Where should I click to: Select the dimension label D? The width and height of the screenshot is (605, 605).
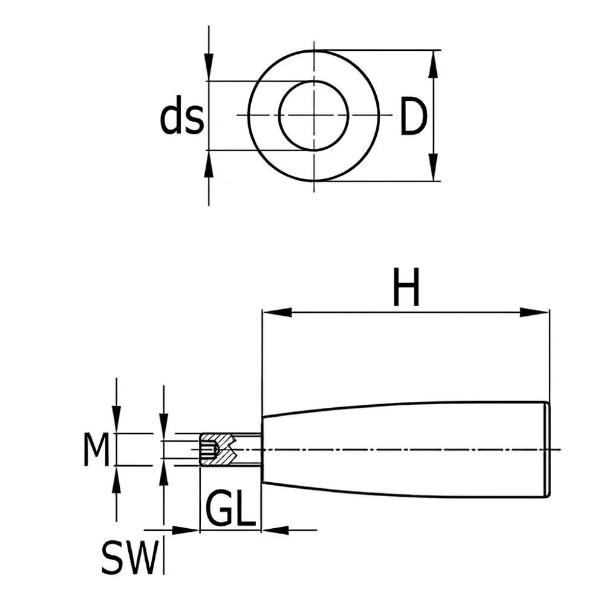413,116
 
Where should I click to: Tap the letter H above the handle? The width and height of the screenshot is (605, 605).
406,287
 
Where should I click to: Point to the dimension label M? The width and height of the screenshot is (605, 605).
96,449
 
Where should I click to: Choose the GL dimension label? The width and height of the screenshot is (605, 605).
231,509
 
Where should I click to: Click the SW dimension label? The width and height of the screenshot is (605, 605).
130,558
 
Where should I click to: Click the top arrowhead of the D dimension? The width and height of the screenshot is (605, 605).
434,64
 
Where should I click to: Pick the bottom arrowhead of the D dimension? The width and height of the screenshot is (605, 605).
434,167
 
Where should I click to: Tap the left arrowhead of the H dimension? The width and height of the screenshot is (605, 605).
276,312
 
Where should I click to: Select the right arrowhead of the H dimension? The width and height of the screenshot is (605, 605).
534,312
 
